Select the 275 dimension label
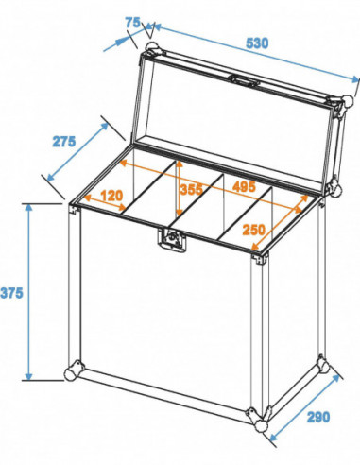63,142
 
